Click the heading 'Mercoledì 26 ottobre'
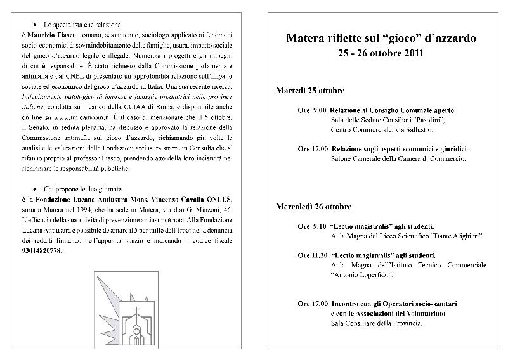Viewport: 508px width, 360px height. click(314, 207)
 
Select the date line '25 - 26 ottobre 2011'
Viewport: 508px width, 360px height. click(381, 54)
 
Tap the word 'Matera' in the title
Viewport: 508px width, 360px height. click(309, 39)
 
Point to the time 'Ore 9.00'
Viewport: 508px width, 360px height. click(313, 110)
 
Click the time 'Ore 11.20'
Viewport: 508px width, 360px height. click(313, 255)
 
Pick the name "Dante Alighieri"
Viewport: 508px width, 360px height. click(453, 236)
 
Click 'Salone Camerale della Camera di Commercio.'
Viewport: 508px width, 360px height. click(398, 158)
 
